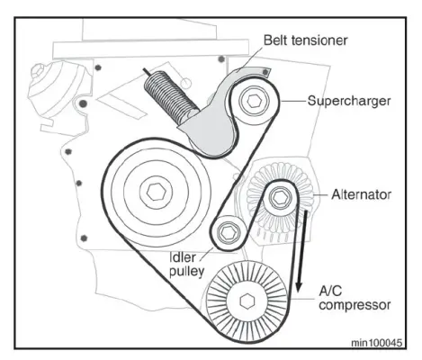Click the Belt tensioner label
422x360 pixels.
click(305, 40)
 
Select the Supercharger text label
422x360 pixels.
click(349, 101)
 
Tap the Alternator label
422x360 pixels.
click(361, 195)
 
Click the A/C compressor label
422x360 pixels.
click(355, 298)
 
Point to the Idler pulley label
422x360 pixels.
click(187, 265)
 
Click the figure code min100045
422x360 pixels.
click(377, 343)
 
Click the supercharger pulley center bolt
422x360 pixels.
click(254, 102)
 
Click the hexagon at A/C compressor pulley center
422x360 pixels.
click(247, 301)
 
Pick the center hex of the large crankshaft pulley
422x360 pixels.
click(157, 193)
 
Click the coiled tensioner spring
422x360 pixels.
click(170, 94)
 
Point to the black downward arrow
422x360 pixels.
click(301, 251)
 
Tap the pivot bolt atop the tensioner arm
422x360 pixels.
click(265, 72)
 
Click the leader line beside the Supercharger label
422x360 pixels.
click(293, 101)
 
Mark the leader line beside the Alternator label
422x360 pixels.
click(320, 195)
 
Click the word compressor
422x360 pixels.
click(355, 305)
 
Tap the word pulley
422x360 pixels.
click(187, 271)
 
